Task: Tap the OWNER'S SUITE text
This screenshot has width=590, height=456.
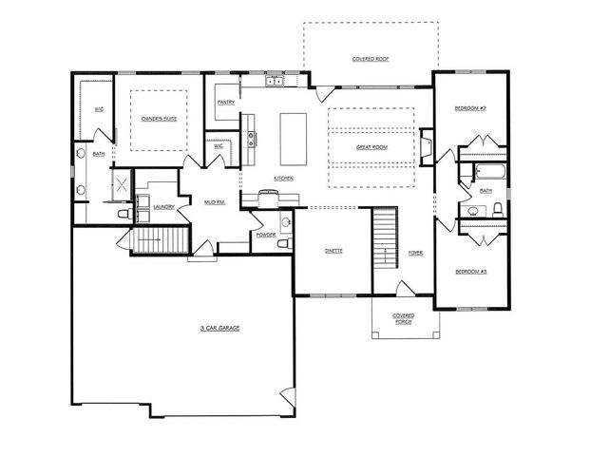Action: pos(159,118)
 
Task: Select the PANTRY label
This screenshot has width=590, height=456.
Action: pos(226,102)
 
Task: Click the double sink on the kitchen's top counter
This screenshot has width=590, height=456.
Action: pos(275,82)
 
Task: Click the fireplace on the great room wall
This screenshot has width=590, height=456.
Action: pos(428,148)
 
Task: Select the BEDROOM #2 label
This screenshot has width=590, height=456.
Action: pos(469,108)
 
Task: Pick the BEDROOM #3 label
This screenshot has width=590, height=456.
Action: pos(470,272)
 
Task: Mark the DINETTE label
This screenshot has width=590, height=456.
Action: pos(333,251)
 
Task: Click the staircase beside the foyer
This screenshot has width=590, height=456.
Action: pos(383,237)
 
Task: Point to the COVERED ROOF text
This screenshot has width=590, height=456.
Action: pos(371,58)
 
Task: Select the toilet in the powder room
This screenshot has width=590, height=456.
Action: pos(282,244)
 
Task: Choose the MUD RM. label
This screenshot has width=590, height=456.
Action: pos(213,202)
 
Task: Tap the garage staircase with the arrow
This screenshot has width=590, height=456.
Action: pos(149,241)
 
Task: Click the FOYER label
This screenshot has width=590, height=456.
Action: pos(415,253)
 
